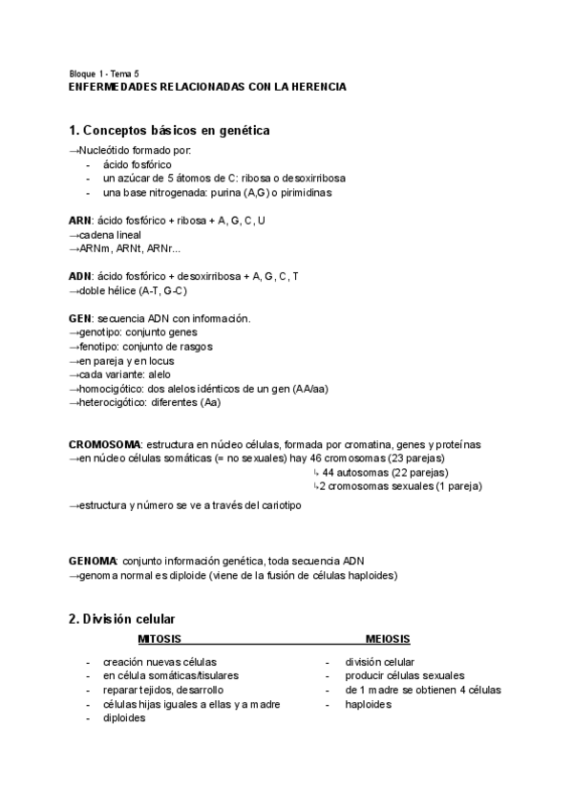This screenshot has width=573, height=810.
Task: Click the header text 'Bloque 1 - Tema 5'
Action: tap(104, 74)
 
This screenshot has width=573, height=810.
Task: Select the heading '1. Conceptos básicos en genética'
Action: tap(169, 130)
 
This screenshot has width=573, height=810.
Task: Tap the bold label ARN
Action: tap(80, 220)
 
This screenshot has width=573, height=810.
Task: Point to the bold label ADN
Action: tap(80, 276)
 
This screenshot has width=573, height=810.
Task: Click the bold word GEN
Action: tap(80, 318)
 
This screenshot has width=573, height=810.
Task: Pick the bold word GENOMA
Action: tap(93, 560)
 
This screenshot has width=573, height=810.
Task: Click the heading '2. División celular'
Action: tap(121, 619)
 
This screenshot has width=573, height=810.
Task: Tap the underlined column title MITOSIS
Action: tap(159, 639)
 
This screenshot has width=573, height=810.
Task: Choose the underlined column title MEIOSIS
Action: tap(388, 639)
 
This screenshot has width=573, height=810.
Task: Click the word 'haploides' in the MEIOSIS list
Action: tap(369, 704)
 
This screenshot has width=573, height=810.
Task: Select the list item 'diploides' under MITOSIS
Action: tap(125, 718)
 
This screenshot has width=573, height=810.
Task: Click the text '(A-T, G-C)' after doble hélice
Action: tap(159, 290)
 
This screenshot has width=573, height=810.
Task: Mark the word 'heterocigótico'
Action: tap(112, 403)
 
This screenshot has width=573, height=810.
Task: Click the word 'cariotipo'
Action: tap(278, 505)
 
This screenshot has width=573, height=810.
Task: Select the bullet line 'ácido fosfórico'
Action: tap(137, 164)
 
